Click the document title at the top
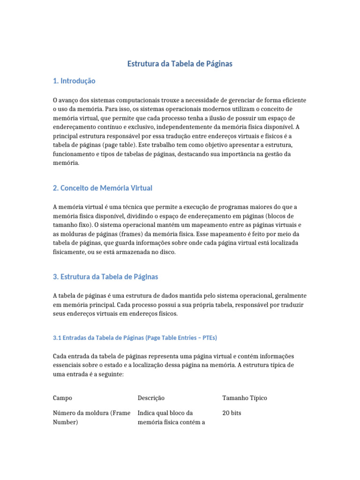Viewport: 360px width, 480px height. click(180, 64)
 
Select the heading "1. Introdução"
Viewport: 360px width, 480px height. click(74, 81)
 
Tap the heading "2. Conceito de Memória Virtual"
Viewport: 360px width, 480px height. click(103, 188)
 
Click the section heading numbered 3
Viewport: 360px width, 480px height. click(105, 277)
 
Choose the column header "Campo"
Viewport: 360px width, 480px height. click(62, 398)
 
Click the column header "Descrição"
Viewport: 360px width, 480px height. click(151, 398)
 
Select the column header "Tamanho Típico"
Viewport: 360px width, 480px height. click(244, 398)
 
